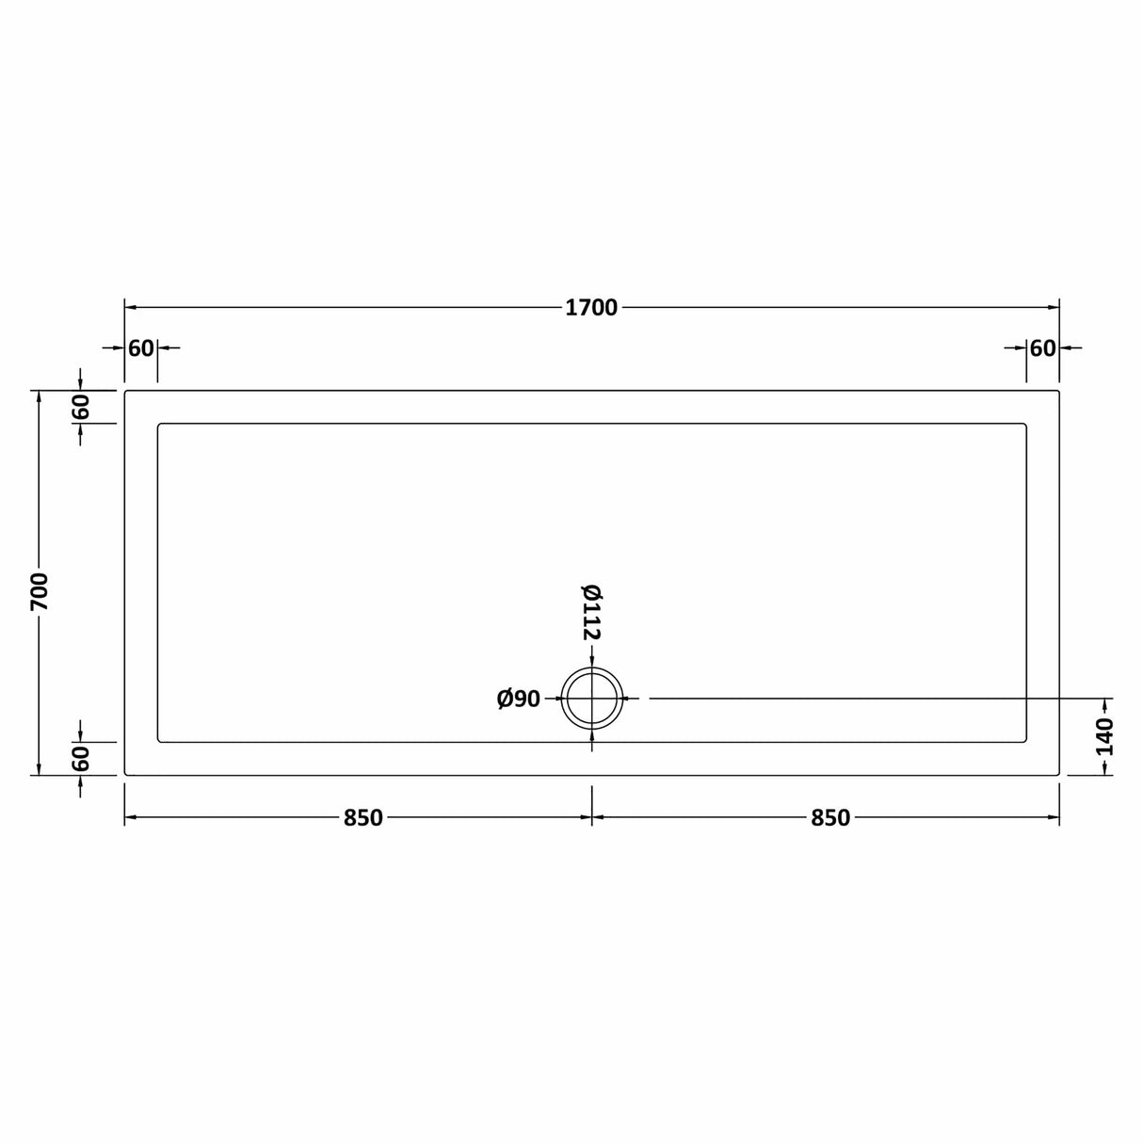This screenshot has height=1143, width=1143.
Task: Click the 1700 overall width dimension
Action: point(591,308)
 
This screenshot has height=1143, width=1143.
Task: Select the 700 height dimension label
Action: point(40,590)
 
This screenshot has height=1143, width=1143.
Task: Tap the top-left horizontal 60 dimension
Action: point(141,348)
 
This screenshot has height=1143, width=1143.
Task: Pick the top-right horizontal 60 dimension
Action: point(1042,348)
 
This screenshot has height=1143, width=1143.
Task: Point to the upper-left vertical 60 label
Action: point(81,407)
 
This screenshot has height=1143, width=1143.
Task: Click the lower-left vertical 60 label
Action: point(81,759)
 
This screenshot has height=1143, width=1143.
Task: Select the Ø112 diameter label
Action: point(590,612)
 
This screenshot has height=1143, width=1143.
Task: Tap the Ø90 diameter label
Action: point(519,699)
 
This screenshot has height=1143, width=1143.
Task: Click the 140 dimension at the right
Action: point(1105,736)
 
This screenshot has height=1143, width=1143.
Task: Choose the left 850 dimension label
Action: point(362,818)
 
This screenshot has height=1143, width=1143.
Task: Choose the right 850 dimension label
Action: point(830,818)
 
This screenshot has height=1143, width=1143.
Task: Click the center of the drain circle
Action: point(592,699)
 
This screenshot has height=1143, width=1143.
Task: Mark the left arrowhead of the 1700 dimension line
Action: point(130,308)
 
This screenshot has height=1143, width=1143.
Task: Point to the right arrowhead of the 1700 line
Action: point(1054,308)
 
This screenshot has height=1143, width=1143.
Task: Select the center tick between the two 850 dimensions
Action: point(592,817)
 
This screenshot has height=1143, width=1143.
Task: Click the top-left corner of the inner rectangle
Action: point(159,425)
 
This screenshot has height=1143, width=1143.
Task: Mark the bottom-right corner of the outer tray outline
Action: point(1059,775)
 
